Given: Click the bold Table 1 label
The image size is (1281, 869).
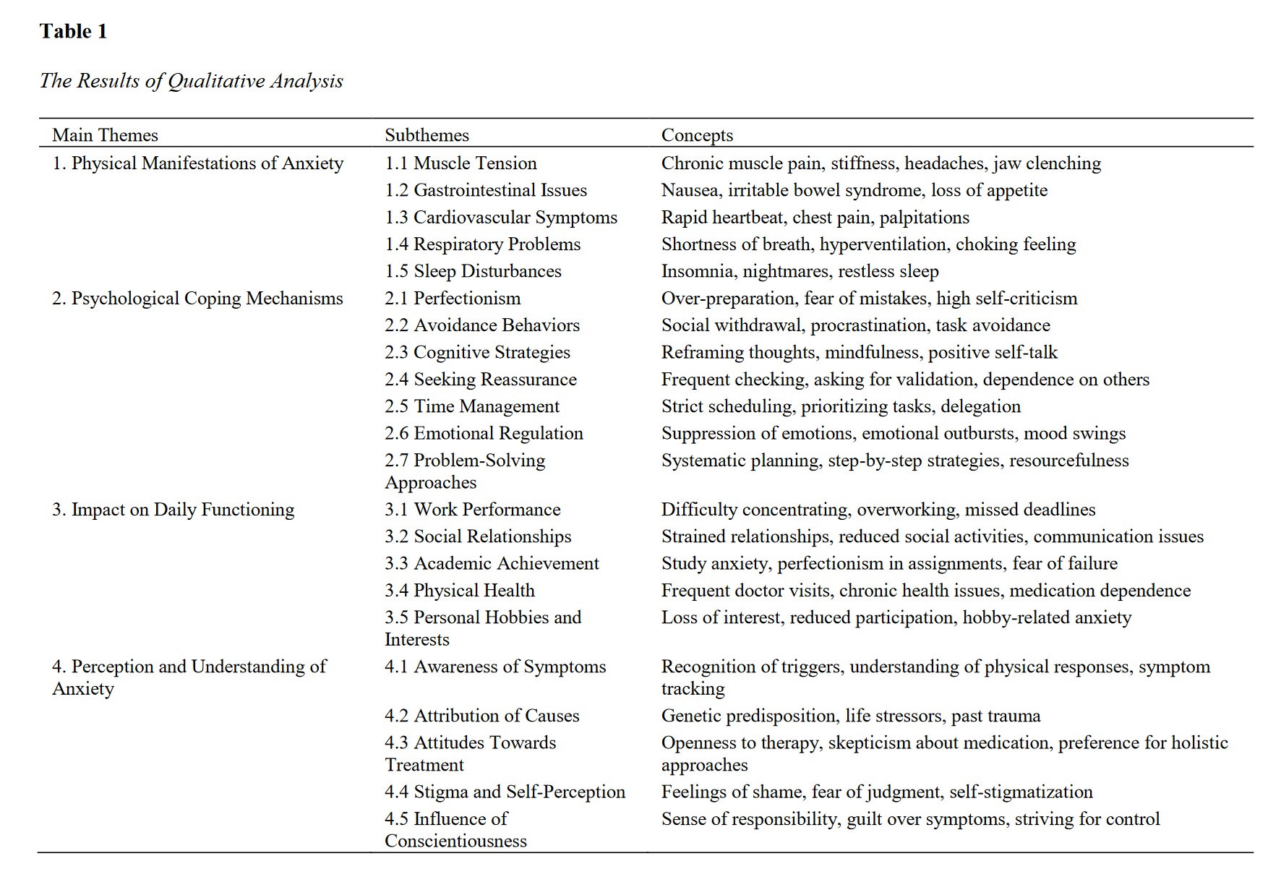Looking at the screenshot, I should tap(73, 31).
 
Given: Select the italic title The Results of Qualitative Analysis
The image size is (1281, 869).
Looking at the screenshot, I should tap(191, 80).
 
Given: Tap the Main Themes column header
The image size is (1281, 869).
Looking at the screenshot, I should tap(105, 135).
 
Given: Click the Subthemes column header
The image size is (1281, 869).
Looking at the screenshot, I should tap(427, 135).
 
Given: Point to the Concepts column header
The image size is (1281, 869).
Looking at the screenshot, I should tap(697, 135).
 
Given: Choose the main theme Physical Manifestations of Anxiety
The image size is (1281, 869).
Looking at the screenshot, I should tap(197, 163).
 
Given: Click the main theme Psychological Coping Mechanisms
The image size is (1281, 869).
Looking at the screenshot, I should tap(197, 299).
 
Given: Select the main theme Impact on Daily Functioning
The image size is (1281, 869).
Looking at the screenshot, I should tap(173, 510).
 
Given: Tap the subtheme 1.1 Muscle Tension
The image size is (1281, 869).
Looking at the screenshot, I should tap(460, 163).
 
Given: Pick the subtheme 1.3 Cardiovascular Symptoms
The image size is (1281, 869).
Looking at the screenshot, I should tap(501, 218).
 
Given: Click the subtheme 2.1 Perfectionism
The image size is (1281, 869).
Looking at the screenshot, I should tap(453, 299).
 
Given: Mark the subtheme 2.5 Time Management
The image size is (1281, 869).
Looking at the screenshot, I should tap(472, 406).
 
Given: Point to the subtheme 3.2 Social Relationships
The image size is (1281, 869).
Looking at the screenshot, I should tap(478, 536).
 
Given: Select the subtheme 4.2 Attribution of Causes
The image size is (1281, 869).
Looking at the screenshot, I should tap(482, 716).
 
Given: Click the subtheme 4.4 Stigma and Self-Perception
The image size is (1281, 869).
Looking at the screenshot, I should tap(505, 792).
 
